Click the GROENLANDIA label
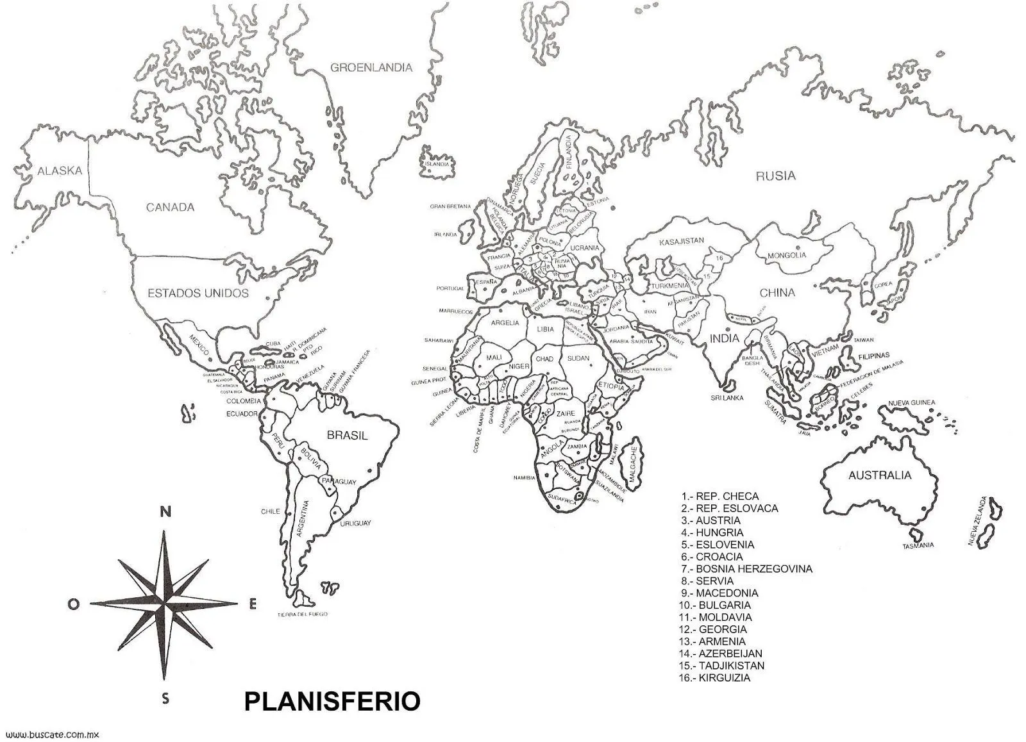coord(371,67)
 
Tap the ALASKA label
coord(60,171)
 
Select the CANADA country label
coord(170,207)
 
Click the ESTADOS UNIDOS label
coord(198,293)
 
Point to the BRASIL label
coord(348,436)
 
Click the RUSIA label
coord(775,176)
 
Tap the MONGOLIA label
coord(787,255)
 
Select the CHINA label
coord(777,293)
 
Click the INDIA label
coord(724,338)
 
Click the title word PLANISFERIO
coord(332,702)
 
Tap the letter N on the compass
coord(165,512)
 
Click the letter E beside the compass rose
coord(253,604)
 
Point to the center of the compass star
coord(165,603)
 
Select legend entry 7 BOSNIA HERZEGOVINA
coord(747,569)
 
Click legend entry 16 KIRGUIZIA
coord(716,678)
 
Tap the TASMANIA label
coord(918,545)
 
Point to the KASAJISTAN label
coord(682,241)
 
